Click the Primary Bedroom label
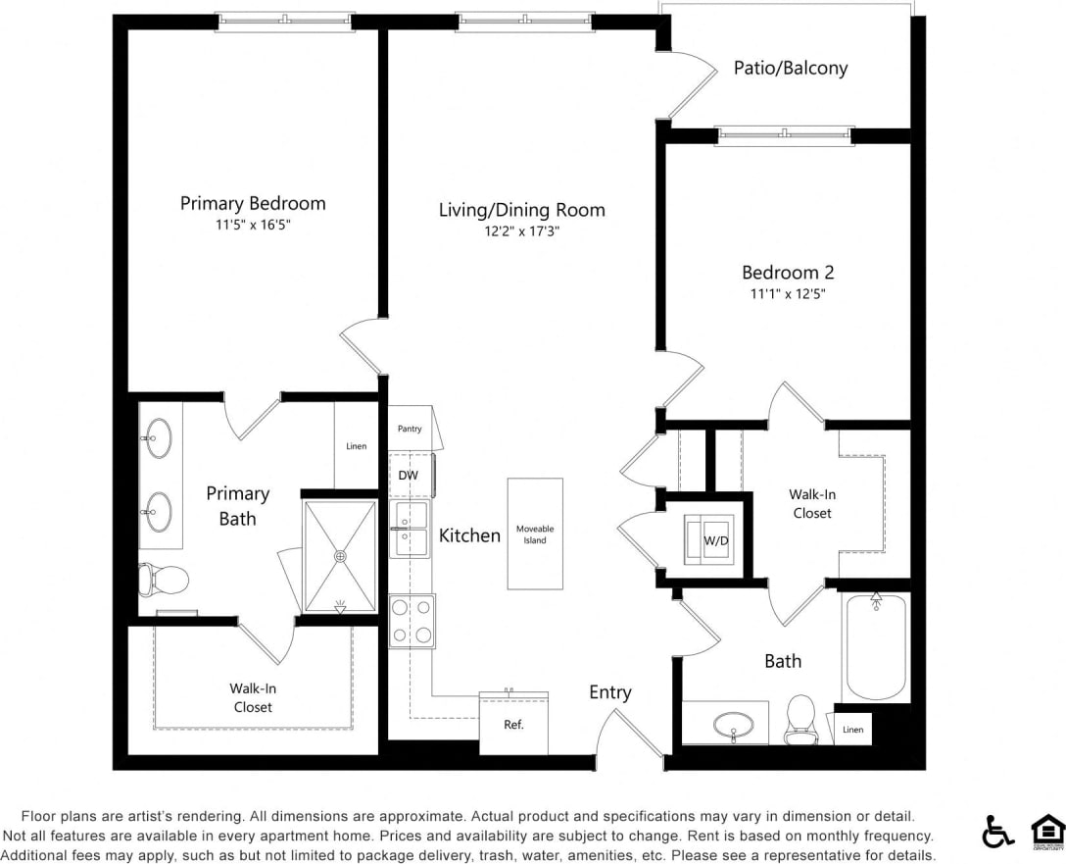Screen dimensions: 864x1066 click(x=253, y=203)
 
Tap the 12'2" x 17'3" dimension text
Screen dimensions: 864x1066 click(x=521, y=231)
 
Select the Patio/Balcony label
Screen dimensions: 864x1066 click(x=791, y=68)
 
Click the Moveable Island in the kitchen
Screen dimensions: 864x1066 click(x=535, y=534)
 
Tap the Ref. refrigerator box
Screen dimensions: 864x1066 click(x=513, y=725)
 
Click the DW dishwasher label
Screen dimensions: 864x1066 click(x=409, y=476)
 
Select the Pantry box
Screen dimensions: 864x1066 click(x=410, y=429)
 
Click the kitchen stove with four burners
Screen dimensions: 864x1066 click(x=412, y=621)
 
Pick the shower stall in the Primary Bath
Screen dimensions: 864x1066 click(x=340, y=556)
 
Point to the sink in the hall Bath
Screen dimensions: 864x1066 click(x=734, y=726)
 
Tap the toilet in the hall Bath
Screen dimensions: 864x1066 click(x=801, y=719)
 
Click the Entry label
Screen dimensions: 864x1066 click(x=609, y=692)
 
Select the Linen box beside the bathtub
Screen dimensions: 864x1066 click(x=852, y=729)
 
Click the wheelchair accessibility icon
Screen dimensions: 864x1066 click(x=998, y=832)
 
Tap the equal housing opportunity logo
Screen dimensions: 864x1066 click(x=1047, y=832)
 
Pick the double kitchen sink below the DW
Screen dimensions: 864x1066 click(x=412, y=530)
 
